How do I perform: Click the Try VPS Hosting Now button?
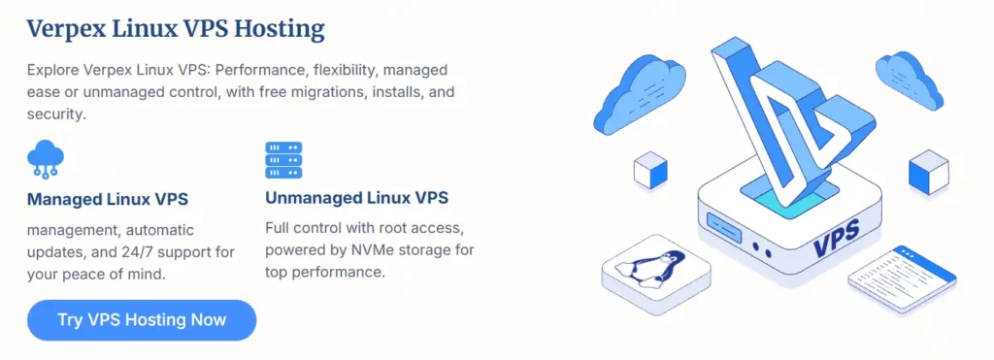point(142,320)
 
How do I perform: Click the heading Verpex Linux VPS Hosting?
point(176,29)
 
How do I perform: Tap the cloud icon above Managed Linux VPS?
point(46,159)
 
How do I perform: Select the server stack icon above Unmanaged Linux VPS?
point(283,160)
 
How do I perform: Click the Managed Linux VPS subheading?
point(108,200)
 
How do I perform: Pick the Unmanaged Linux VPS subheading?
point(356,198)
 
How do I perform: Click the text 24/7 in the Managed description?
point(122,252)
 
